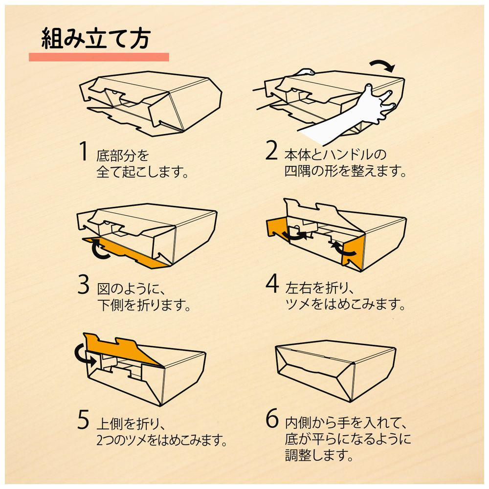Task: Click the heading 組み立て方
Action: [96, 39]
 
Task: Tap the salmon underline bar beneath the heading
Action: [99, 57]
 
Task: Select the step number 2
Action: [271, 151]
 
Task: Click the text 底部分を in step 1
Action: [123, 156]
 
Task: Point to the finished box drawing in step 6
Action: [336, 371]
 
